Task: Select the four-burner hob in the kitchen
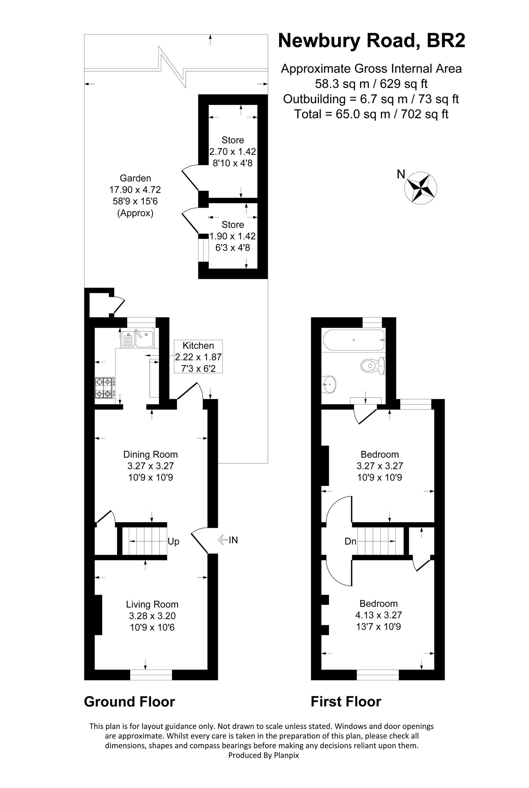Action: (x=104, y=388)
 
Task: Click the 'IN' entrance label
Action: (x=233, y=540)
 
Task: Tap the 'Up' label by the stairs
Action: (x=173, y=541)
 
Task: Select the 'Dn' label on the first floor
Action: (x=350, y=541)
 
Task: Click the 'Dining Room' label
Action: (x=150, y=454)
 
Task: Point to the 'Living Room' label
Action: (x=152, y=604)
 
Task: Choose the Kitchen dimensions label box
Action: (x=198, y=356)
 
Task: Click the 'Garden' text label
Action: (x=135, y=178)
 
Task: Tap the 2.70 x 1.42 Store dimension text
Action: (x=232, y=152)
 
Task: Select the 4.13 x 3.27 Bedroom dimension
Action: (x=379, y=615)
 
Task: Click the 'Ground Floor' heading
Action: (x=129, y=702)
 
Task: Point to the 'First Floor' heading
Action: (x=346, y=702)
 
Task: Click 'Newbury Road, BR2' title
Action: (x=371, y=41)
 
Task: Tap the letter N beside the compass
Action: (x=401, y=174)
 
